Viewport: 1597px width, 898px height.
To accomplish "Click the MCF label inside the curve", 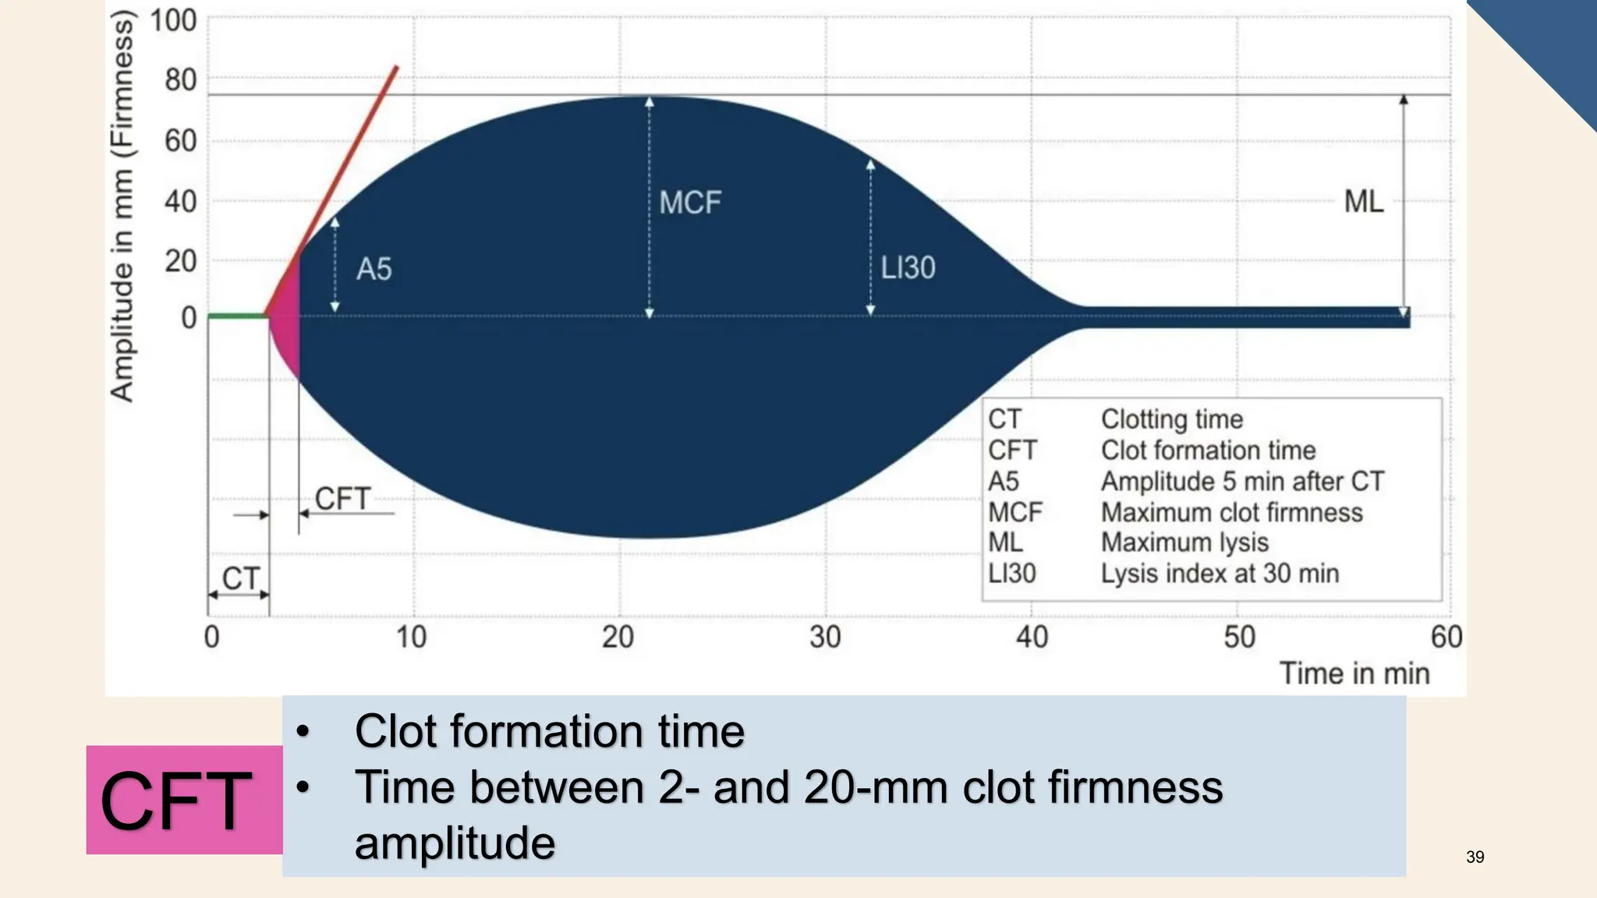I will point(690,203).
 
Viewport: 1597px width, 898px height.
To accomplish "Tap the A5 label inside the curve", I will point(374,270).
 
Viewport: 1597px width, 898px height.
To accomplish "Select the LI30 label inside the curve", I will point(908,268).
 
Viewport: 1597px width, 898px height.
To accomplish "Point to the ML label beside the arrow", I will point(1363,202).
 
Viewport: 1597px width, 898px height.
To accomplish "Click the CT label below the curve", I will point(240,578).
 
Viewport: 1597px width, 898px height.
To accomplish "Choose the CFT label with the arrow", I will point(342,499).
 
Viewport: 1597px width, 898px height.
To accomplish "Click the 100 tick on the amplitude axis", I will point(173,20).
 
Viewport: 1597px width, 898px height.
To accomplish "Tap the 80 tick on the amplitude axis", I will point(180,80).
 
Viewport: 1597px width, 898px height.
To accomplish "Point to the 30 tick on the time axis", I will point(825,638).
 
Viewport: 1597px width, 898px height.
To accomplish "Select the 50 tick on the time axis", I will point(1239,638).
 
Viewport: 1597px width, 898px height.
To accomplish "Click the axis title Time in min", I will point(1354,673).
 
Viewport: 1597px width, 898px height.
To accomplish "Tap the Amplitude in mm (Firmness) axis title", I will point(122,207).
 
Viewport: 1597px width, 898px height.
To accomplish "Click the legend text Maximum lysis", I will point(1184,543).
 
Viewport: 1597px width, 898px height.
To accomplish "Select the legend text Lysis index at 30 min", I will point(1220,574).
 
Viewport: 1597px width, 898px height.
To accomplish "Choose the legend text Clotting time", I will point(1172,419).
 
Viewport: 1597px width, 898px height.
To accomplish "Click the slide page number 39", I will point(1475,857).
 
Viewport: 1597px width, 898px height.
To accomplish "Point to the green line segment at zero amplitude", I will point(237,316).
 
